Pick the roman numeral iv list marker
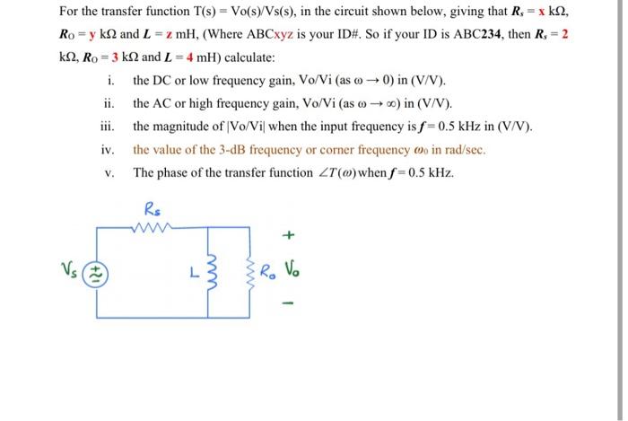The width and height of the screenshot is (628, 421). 109,150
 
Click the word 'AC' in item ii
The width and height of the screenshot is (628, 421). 166,103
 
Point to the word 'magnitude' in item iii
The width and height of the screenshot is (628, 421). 186,127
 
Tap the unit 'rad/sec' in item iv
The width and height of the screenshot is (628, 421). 462,150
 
